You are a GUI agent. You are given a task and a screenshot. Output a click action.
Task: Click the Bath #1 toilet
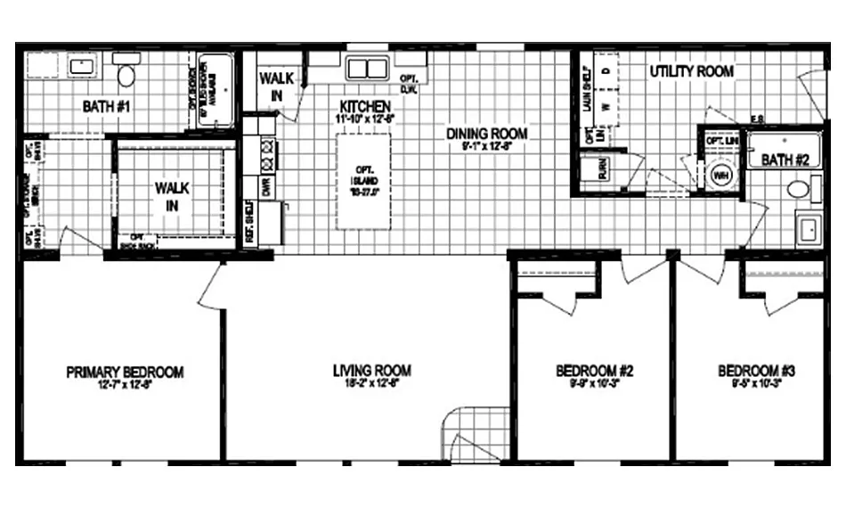[126, 73]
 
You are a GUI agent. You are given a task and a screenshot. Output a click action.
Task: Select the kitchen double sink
[366, 69]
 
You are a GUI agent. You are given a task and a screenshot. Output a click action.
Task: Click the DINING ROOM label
[486, 135]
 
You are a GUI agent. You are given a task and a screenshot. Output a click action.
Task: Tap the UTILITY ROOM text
[691, 70]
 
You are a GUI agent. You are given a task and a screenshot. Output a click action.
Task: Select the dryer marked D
[606, 69]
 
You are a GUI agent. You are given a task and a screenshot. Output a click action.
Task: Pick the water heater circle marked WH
[720, 176]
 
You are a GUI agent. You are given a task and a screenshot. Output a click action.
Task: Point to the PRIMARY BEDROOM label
[125, 373]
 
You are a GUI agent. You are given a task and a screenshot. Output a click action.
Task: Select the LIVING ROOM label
[371, 371]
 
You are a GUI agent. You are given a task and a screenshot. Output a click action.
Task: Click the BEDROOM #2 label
[594, 371]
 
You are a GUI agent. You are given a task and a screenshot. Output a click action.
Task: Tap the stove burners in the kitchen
[265, 156]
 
